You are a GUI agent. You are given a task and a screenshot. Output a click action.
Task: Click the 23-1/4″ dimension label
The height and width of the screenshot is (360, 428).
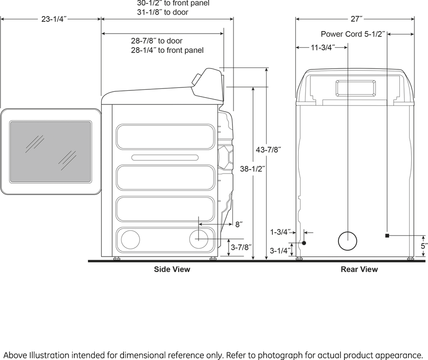(x=54, y=19)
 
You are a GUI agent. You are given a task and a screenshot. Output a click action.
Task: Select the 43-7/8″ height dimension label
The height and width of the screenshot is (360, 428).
(x=268, y=150)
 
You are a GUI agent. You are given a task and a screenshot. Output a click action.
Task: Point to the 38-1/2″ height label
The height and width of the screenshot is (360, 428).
(x=252, y=169)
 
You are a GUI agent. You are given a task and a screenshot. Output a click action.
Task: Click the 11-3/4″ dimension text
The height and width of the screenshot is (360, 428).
(x=323, y=48)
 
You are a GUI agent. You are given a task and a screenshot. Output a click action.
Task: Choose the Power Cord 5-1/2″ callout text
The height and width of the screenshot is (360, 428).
(x=353, y=34)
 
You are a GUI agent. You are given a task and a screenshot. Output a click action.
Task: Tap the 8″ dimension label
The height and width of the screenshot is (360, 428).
(x=239, y=224)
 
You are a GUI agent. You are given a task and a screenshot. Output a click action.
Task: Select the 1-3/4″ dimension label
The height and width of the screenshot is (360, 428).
(x=280, y=232)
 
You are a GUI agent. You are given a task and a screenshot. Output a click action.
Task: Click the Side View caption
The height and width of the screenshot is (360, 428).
(x=172, y=270)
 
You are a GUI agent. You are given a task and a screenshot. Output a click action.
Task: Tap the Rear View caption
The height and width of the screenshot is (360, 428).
(x=359, y=270)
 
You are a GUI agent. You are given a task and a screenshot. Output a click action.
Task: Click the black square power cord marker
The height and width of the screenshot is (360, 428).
(x=387, y=236)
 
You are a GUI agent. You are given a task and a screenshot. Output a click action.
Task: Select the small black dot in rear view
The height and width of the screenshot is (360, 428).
(x=304, y=243)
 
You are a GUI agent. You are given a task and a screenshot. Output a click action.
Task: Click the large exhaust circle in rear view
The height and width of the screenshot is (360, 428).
(x=347, y=241)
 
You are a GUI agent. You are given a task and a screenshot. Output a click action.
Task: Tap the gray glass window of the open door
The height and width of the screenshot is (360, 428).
(x=51, y=152)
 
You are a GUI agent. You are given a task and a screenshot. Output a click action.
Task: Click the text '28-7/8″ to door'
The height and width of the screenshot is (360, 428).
(x=157, y=41)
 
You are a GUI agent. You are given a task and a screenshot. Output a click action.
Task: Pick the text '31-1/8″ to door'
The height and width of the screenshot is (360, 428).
(x=162, y=12)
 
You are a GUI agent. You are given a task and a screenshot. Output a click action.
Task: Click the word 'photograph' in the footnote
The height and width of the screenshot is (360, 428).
(x=280, y=355)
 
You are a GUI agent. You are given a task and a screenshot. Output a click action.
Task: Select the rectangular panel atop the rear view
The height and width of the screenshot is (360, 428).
(x=356, y=88)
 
